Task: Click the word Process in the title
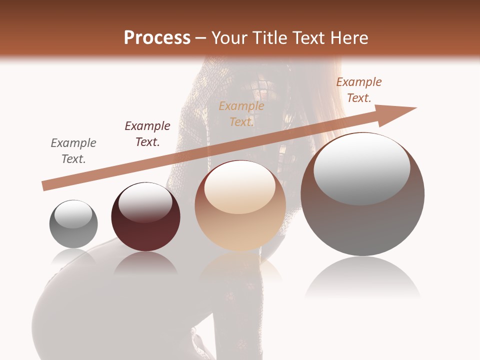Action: (157, 38)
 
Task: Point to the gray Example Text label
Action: (73, 150)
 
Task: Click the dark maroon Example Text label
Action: (147, 133)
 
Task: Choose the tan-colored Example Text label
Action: (241, 113)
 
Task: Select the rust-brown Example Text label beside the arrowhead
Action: (358, 90)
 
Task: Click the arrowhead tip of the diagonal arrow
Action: (415, 108)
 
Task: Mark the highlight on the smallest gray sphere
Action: (73, 214)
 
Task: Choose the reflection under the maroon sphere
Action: (145, 263)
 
